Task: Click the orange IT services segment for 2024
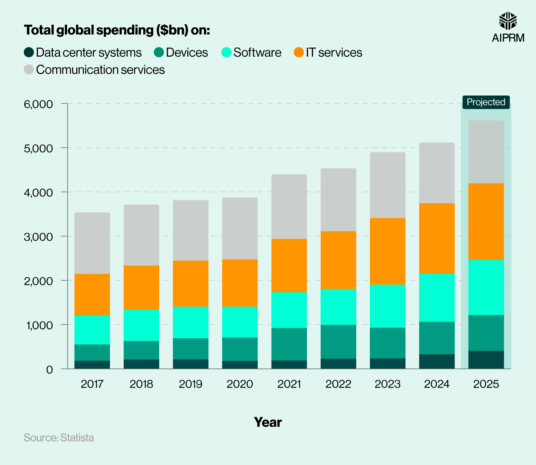[x=437, y=238]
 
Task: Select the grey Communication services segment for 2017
[x=92, y=243]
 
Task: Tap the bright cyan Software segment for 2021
[x=289, y=310]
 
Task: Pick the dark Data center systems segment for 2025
[x=486, y=360]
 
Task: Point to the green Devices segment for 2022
[x=338, y=342]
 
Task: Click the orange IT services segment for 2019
[x=191, y=284]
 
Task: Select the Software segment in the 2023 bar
[x=388, y=306]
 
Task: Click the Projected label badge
[x=486, y=102]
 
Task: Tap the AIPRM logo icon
[x=508, y=21]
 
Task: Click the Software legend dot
[x=226, y=52]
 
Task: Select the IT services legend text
[x=334, y=53]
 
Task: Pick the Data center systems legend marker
[x=29, y=52]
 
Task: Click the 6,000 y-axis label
[x=38, y=104]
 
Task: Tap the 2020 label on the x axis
[x=240, y=384]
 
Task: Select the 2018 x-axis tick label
[x=141, y=384]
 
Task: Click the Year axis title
[x=268, y=422]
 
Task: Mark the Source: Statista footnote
[x=59, y=438]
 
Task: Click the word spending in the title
[x=125, y=30]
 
